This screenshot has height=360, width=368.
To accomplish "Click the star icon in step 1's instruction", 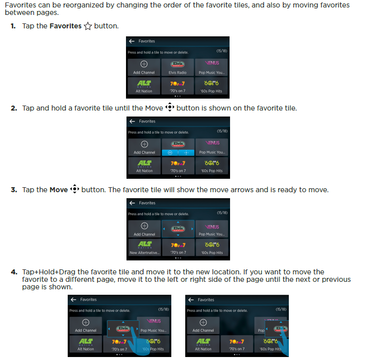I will (x=88, y=26).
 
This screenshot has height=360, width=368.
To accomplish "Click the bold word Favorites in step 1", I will (x=65, y=26).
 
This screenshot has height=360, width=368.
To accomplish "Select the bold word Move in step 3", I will (x=58, y=190).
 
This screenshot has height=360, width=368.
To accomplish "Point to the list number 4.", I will (x=14, y=272).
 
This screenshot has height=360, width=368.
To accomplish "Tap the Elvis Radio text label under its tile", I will (x=177, y=73).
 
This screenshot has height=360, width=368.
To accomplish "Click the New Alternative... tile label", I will (x=144, y=252).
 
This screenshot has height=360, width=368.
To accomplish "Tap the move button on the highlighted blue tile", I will (x=186, y=152).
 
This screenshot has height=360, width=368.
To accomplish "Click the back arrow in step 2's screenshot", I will (x=131, y=121).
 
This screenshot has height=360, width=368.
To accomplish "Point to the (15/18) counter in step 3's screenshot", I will (x=222, y=213).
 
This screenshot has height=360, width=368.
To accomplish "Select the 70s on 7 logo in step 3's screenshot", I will (x=178, y=245).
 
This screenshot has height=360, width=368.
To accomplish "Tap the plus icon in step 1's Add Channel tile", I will (x=144, y=64).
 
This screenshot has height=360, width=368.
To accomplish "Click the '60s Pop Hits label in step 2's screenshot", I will (x=212, y=171).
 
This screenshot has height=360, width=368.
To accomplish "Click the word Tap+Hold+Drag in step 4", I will (x=45, y=272).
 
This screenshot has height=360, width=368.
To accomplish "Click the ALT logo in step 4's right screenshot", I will (x=203, y=342).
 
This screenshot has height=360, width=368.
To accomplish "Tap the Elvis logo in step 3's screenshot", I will (x=178, y=228).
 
